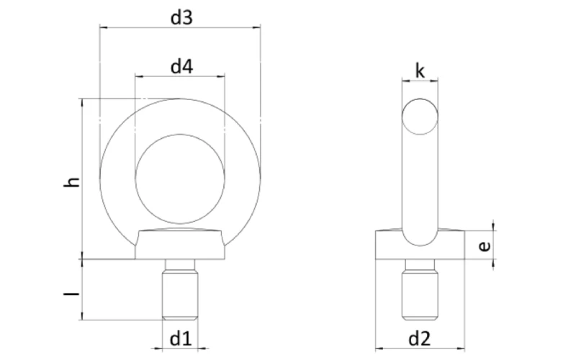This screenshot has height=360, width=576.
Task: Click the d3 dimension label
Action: point(181,17)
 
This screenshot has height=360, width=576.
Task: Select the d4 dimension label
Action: point(181,66)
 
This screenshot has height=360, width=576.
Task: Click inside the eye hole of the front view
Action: point(181,178)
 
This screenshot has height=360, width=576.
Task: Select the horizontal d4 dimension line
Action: point(158,77)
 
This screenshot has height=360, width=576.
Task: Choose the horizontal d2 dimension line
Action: point(389,347)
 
